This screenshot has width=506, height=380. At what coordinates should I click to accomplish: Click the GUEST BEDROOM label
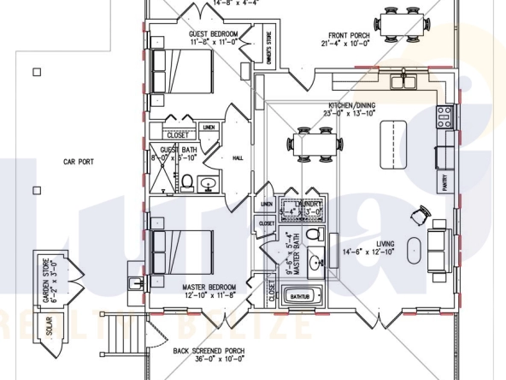(x=212, y=33)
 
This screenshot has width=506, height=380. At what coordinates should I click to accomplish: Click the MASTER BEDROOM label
(x=209, y=288)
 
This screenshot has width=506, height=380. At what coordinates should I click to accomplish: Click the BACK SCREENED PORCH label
(x=209, y=351)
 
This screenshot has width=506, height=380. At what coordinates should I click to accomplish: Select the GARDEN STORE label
(x=41, y=276)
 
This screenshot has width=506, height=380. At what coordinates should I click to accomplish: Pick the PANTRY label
(x=445, y=182)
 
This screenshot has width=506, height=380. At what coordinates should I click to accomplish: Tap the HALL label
(x=238, y=158)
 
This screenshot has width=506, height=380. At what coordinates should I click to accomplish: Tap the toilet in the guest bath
(x=187, y=181)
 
